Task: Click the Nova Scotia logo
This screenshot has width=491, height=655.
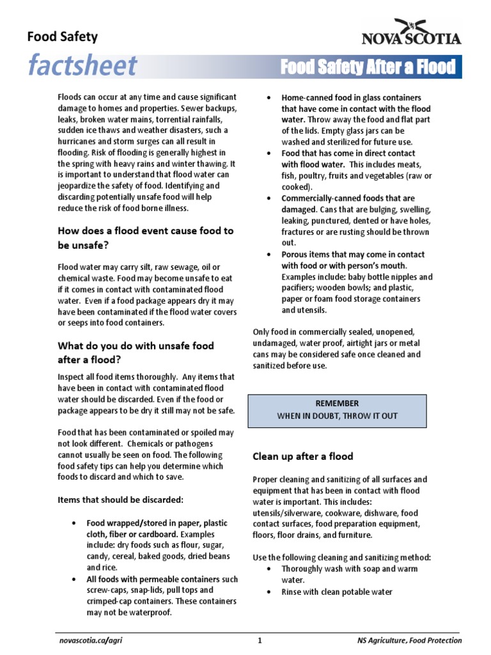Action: [411, 32]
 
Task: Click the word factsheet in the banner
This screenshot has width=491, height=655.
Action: [81, 66]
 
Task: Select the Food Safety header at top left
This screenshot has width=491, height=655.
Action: [62, 36]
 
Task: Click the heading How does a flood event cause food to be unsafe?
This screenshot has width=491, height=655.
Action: [146, 237]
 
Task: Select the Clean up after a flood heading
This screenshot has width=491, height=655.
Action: [302, 456]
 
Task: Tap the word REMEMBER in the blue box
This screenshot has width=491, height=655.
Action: [337, 403]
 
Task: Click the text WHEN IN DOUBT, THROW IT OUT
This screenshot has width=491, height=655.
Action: [337, 416]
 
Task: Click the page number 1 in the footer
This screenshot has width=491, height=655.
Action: [260, 640]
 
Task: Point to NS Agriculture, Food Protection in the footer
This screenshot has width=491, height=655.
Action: [409, 640]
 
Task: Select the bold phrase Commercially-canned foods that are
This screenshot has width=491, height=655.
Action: [348, 198]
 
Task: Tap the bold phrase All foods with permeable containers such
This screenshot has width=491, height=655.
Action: [162, 580]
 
